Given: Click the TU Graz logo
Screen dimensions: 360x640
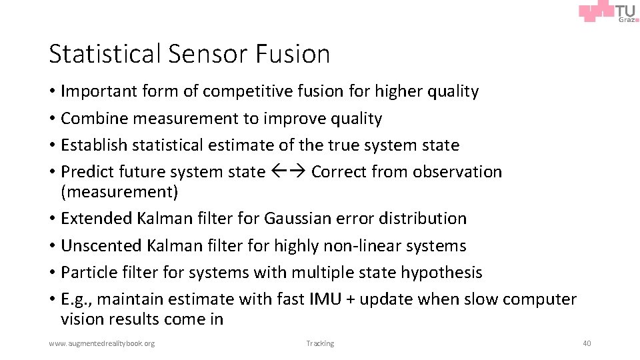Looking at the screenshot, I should point(608,13).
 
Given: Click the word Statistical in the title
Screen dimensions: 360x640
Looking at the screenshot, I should point(107,54).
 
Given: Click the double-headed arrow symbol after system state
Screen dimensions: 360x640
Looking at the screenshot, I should point(288,172).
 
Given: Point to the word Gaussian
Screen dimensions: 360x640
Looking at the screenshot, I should point(298,219).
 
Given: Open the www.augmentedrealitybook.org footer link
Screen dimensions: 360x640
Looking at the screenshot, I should point(101,343).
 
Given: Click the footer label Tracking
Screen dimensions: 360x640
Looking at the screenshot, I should point(320,343).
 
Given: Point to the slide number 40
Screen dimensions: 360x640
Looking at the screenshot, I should point(586,343).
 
